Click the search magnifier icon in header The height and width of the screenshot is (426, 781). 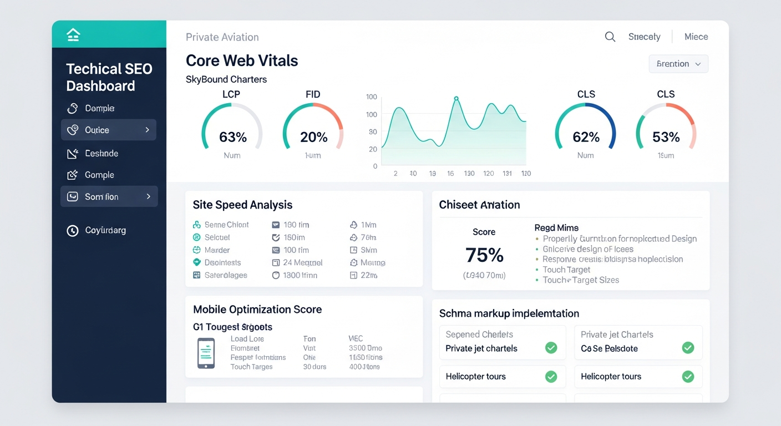(610, 37)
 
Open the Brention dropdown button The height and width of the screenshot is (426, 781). (678, 64)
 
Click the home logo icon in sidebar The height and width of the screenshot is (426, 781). (73, 35)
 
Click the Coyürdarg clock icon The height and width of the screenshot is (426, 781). (73, 230)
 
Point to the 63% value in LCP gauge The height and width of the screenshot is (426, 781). (232, 136)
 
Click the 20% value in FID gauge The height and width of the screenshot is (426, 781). (313, 136)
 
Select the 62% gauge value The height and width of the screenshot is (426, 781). (586, 136)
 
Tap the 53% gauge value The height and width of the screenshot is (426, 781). (666, 136)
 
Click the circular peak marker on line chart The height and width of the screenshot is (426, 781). (456, 99)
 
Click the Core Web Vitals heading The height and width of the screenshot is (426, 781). (241, 60)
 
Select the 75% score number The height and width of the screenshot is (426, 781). (484, 255)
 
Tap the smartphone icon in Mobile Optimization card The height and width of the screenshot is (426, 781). (206, 353)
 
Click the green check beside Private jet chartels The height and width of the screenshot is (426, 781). (551, 348)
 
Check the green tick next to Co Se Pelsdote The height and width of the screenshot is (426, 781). (687, 348)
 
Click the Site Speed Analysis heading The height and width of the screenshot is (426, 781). (242, 205)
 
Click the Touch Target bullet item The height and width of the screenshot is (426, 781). (566, 270)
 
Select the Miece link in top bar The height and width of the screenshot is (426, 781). (696, 37)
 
